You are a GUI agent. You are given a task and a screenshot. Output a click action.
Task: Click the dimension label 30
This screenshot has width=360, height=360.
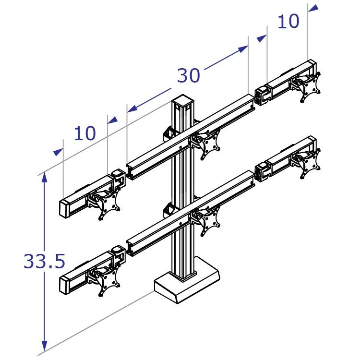point(189,75)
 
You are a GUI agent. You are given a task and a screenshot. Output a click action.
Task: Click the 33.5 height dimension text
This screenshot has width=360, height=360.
point(44,261)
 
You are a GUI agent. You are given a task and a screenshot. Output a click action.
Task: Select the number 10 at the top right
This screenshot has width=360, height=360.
point(288,21)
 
